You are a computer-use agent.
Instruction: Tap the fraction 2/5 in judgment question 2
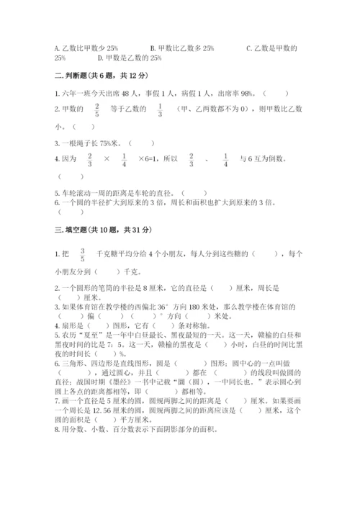tap(96, 109)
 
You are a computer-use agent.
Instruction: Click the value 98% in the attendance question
tap(244, 93)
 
